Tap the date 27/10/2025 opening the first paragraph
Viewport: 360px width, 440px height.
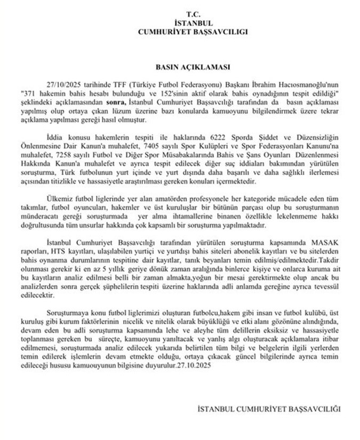(65, 85)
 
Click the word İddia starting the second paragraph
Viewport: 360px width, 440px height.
(55, 137)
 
